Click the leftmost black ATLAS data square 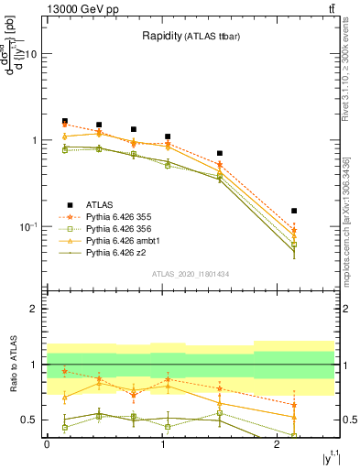tap(65, 121)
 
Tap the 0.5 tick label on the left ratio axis tap(31, 420)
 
